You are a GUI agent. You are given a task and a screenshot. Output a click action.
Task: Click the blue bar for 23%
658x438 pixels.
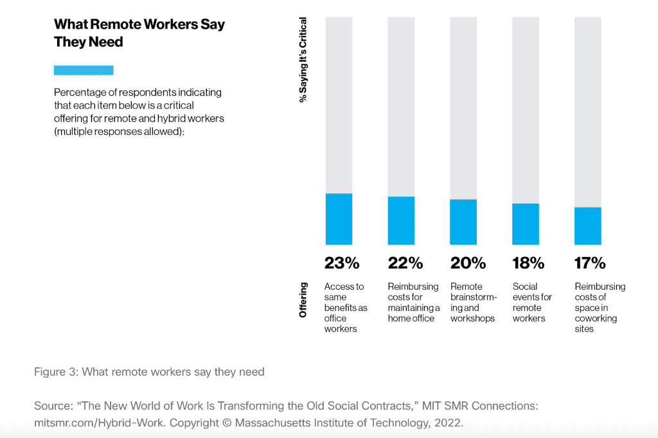(x=339, y=219)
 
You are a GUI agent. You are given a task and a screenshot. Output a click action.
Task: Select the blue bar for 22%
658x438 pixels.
(x=401, y=220)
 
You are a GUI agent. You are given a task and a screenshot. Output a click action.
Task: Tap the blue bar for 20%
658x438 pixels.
(x=463, y=222)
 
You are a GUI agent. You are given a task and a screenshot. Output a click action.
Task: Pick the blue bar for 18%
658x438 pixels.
(x=526, y=224)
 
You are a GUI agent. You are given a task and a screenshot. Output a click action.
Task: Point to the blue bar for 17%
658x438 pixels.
(x=588, y=226)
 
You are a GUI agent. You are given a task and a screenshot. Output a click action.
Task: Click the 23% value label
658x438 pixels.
(x=341, y=263)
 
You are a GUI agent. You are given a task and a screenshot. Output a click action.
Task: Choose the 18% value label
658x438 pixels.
(x=528, y=263)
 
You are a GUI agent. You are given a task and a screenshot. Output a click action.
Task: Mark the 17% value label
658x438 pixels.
(x=590, y=263)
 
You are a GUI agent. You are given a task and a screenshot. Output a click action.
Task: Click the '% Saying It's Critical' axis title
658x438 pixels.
(x=303, y=60)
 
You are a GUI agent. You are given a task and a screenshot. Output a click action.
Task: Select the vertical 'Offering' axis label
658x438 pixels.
(x=303, y=300)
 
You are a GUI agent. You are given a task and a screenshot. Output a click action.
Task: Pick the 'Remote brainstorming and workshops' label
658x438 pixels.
(x=474, y=302)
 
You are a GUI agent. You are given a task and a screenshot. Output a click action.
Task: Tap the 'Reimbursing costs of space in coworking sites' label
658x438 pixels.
(x=600, y=308)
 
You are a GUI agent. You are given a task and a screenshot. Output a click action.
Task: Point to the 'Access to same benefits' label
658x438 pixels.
(x=346, y=308)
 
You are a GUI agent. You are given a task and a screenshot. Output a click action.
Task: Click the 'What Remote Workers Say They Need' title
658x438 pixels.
(x=139, y=33)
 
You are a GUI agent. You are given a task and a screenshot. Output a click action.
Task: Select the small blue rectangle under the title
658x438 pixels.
(x=84, y=70)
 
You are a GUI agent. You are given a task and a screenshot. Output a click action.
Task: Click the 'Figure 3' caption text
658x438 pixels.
(x=149, y=372)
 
